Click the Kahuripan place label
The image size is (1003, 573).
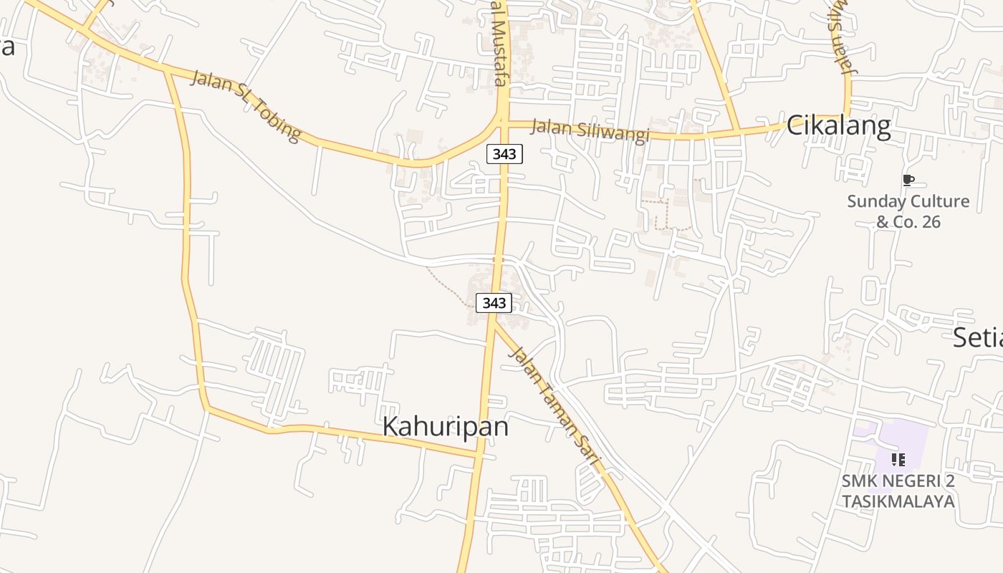coord(446,426)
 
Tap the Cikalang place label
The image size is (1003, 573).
coord(838,126)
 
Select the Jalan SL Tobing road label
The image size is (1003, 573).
coord(246,105)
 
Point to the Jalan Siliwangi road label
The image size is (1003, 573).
coord(590,131)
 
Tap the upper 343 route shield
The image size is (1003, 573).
coord(504,153)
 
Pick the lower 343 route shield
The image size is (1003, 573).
coord(494,303)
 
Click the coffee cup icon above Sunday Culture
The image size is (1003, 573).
coord(908,180)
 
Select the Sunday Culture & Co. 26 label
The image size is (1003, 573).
coord(908,211)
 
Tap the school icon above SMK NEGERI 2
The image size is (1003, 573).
coord(898,459)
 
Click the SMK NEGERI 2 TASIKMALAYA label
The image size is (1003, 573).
coord(898,491)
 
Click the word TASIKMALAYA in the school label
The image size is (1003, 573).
coord(898,501)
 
